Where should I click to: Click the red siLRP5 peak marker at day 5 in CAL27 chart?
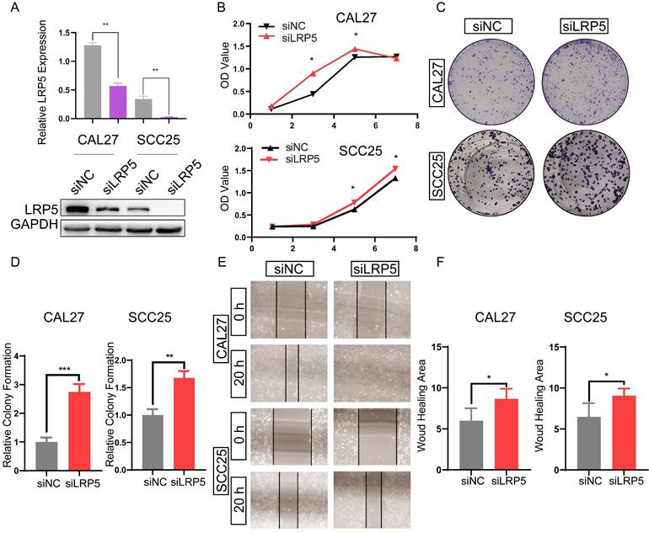click(x=356, y=49)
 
